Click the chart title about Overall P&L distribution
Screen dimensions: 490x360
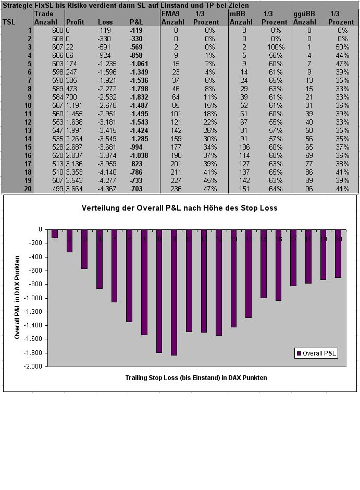pyautogui.click(x=179, y=207)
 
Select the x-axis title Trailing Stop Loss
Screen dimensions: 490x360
pyautogui.click(x=196, y=377)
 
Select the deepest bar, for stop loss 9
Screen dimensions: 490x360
pyautogui.click(x=173, y=292)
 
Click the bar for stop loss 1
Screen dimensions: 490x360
pyautogui.click(x=54, y=234)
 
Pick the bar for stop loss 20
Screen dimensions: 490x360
pyautogui.click(x=338, y=253)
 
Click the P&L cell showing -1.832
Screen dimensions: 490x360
pyautogui.click(x=139, y=97)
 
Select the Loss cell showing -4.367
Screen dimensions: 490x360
pyautogui.click(x=108, y=189)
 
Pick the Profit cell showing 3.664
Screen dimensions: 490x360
pyautogui.click(x=75, y=189)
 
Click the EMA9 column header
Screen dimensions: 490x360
pyautogui.click(x=169, y=14)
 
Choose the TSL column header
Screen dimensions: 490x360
pyautogui.click(x=9, y=22)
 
